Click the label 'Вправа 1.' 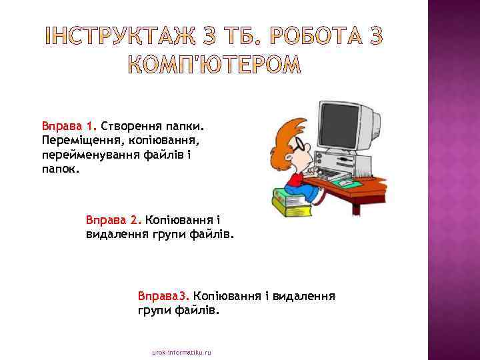69,125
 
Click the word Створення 130,125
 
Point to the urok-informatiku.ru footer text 181,351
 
